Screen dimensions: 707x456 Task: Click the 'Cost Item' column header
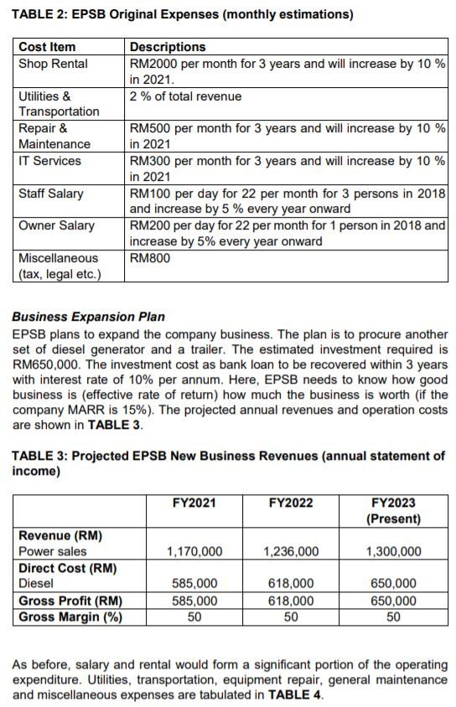tap(47, 47)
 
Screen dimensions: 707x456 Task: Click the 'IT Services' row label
tap(50, 161)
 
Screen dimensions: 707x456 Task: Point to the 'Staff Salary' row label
tap(51, 194)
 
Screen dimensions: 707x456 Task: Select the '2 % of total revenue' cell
tap(185, 96)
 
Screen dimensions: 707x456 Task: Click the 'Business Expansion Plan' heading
tap(88, 317)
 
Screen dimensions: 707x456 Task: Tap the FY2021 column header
tap(194, 503)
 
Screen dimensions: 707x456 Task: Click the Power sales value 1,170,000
tap(194, 551)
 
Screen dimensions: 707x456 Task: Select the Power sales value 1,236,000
tap(290, 551)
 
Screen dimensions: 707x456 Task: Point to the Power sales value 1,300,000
tap(393, 551)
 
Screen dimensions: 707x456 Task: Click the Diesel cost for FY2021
tap(194, 584)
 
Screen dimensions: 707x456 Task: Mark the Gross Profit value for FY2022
tap(290, 601)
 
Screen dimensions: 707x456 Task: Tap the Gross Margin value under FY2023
tap(393, 617)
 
